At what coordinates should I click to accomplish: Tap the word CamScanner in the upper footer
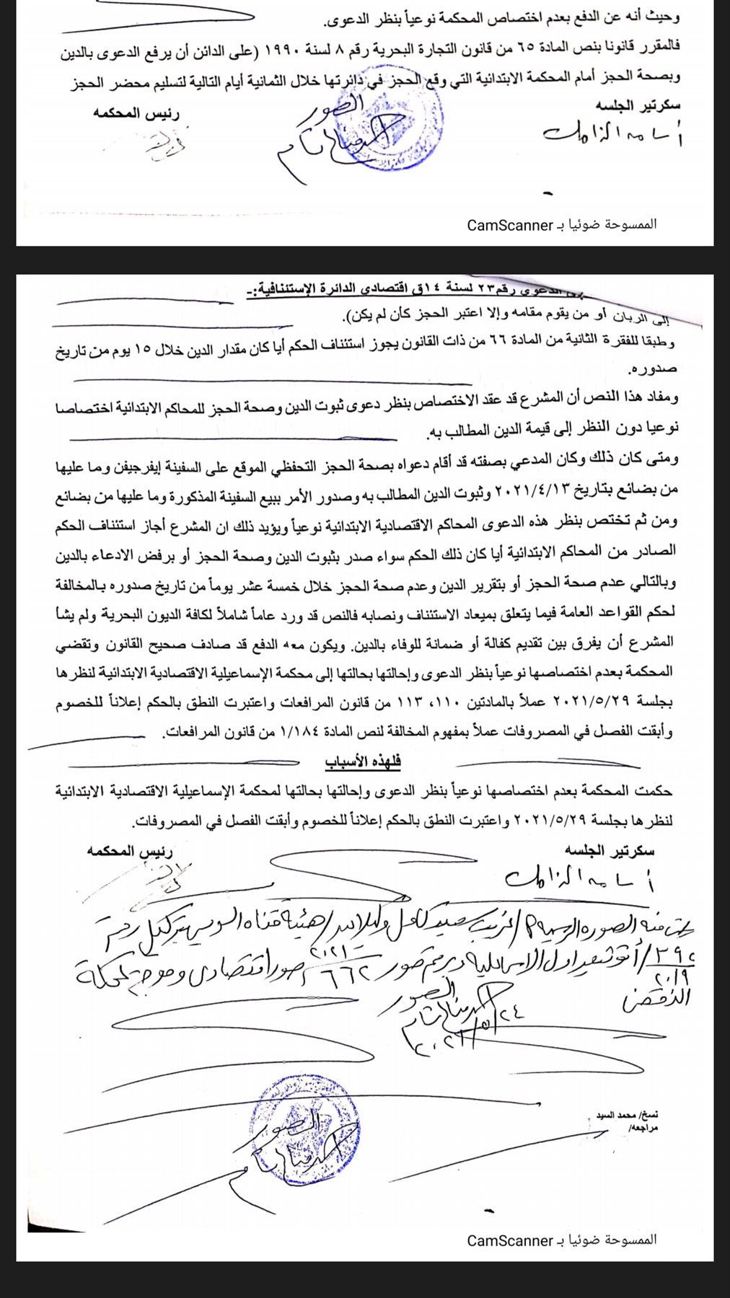click(509, 226)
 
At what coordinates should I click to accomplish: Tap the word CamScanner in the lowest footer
click(509, 1240)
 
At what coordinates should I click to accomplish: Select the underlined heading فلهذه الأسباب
click(362, 761)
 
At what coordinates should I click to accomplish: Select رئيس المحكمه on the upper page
click(136, 113)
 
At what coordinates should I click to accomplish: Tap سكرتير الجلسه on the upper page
click(638, 105)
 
